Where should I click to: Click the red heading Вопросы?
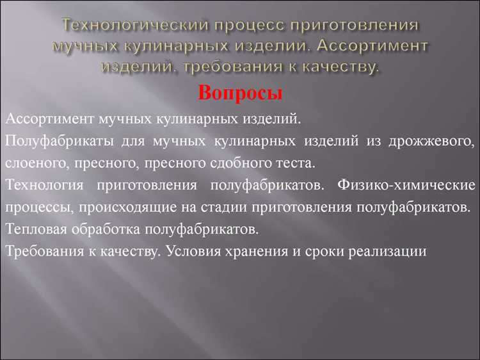tap(240, 92)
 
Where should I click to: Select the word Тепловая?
tap(38, 229)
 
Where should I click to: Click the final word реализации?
tap(389, 252)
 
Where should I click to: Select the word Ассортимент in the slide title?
tap(372, 47)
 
